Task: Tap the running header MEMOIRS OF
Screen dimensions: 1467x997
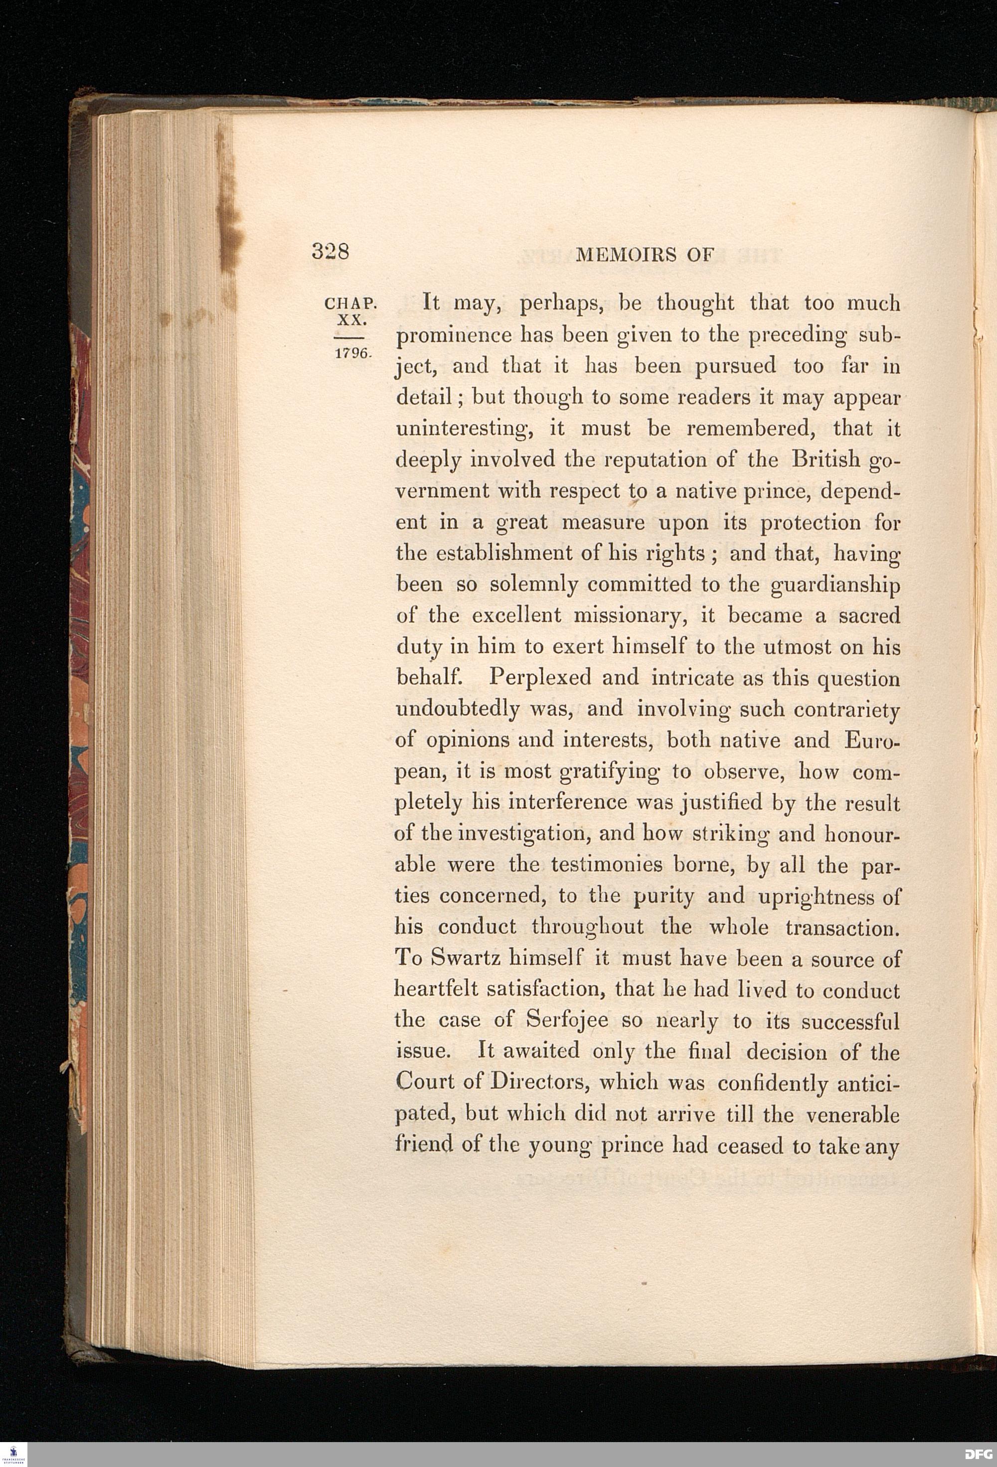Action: point(645,255)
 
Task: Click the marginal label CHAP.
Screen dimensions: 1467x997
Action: point(350,303)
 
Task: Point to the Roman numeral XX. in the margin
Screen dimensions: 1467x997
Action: point(351,319)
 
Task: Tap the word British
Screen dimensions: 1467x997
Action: point(826,459)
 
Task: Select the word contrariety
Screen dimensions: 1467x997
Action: point(846,709)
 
